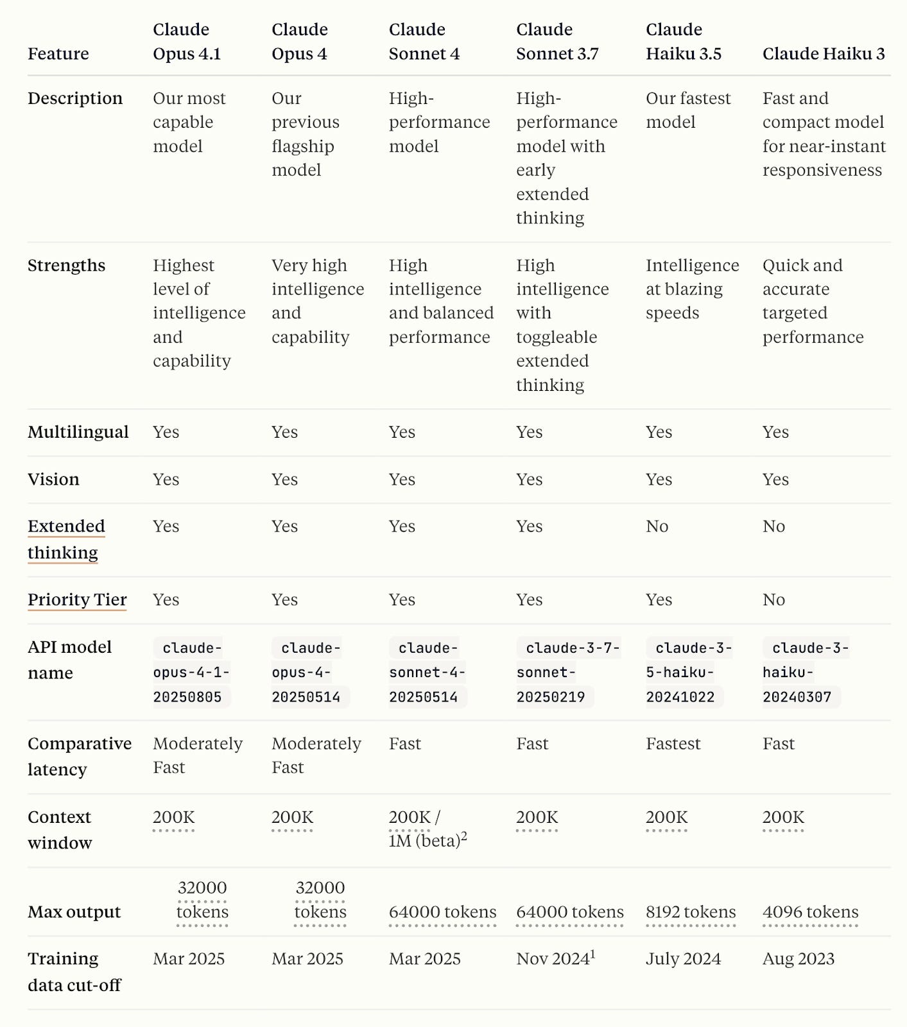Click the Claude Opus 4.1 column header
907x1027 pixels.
coord(186,42)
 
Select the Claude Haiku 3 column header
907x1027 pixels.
coord(823,54)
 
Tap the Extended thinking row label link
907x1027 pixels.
coord(65,539)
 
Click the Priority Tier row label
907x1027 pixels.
coord(77,600)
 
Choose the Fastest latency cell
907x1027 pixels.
coord(673,744)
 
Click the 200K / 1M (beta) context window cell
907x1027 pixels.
coord(427,829)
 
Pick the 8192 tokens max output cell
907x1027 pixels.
coord(690,912)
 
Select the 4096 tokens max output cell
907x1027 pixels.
coord(810,912)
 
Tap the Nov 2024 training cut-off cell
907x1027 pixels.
coord(555,959)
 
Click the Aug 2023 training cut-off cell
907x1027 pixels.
coord(798,959)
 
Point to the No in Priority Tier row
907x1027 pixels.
coord(773,600)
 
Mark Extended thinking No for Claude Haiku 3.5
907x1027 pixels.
coord(657,526)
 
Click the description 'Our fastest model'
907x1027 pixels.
coord(687,110)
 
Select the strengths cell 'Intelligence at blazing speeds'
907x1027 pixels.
coord(691,289)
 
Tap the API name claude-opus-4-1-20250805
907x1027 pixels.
coord(191,672)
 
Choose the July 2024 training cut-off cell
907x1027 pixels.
coord(683,959)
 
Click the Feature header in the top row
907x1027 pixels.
coord(58,54)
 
